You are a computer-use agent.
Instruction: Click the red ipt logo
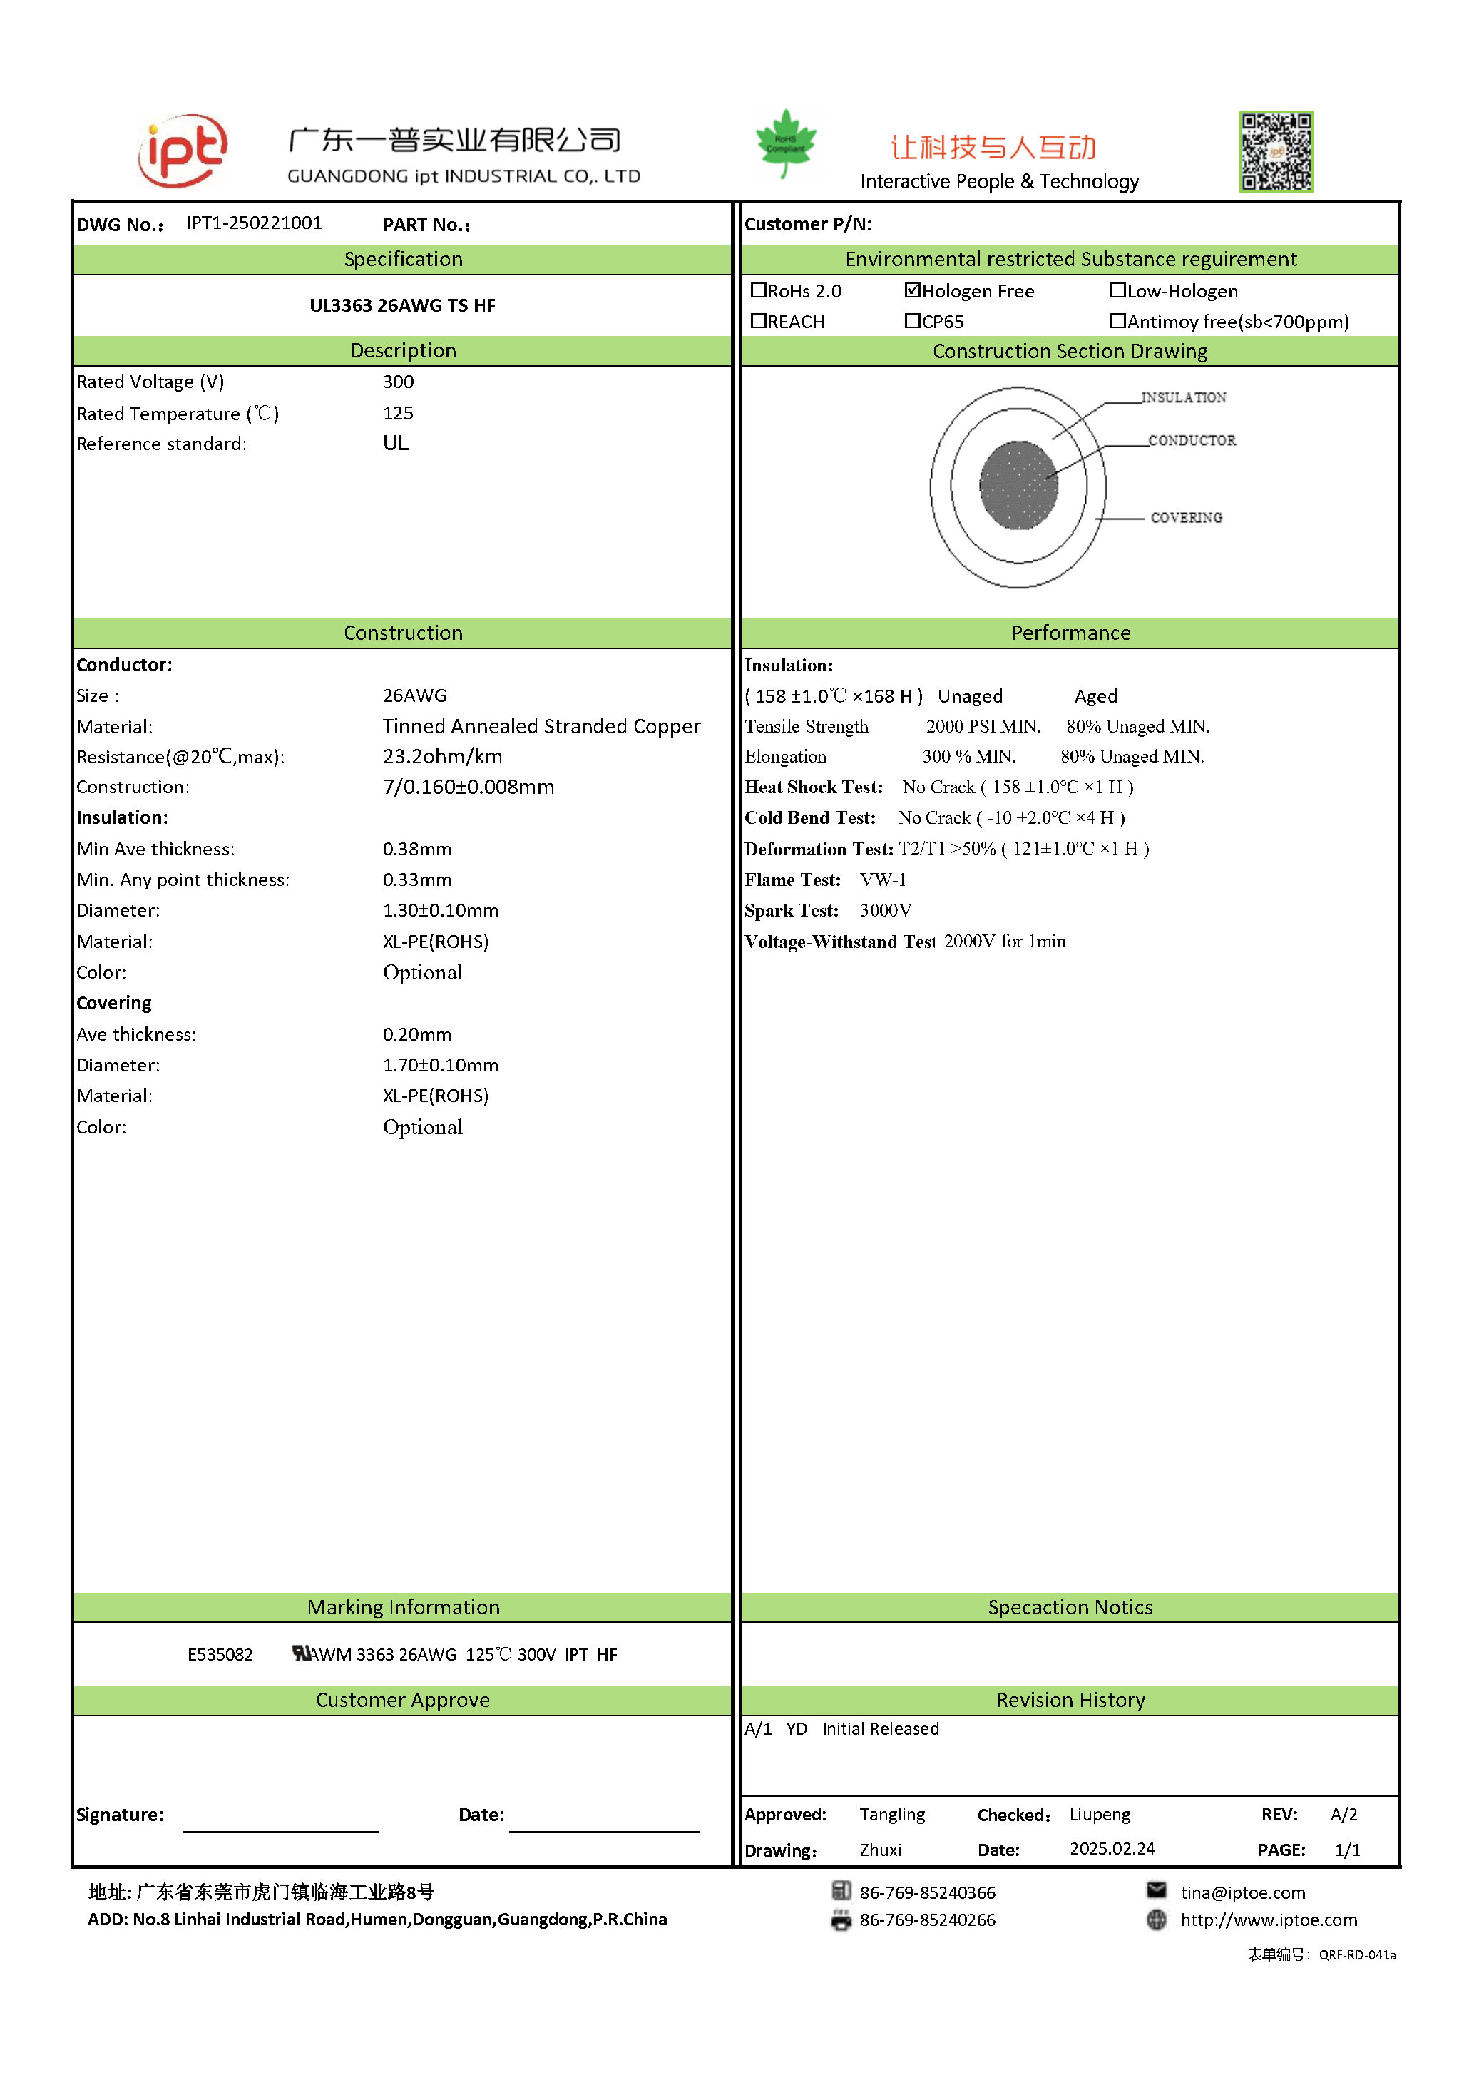click(183, 151)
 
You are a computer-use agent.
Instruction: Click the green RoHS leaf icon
click(785, 143)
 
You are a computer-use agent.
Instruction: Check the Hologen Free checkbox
click(912, 290)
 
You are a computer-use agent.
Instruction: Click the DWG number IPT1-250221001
click(254, 223)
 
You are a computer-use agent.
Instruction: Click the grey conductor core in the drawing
click(1018, 485)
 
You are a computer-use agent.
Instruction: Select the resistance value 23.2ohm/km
click(442, 756)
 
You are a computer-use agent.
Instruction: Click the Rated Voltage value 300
click(397, 382)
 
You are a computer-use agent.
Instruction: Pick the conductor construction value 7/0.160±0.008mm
click(467, 787)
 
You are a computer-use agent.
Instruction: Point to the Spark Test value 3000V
click(885, 911)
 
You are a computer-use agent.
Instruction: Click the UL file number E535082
click(220, 1655)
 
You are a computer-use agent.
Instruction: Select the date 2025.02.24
click(1112, 1849)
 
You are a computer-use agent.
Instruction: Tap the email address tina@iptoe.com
click(1242, 1892)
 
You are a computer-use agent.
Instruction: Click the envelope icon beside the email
click(1157, 1890)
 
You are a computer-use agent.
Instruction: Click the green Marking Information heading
click(403, 1607)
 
